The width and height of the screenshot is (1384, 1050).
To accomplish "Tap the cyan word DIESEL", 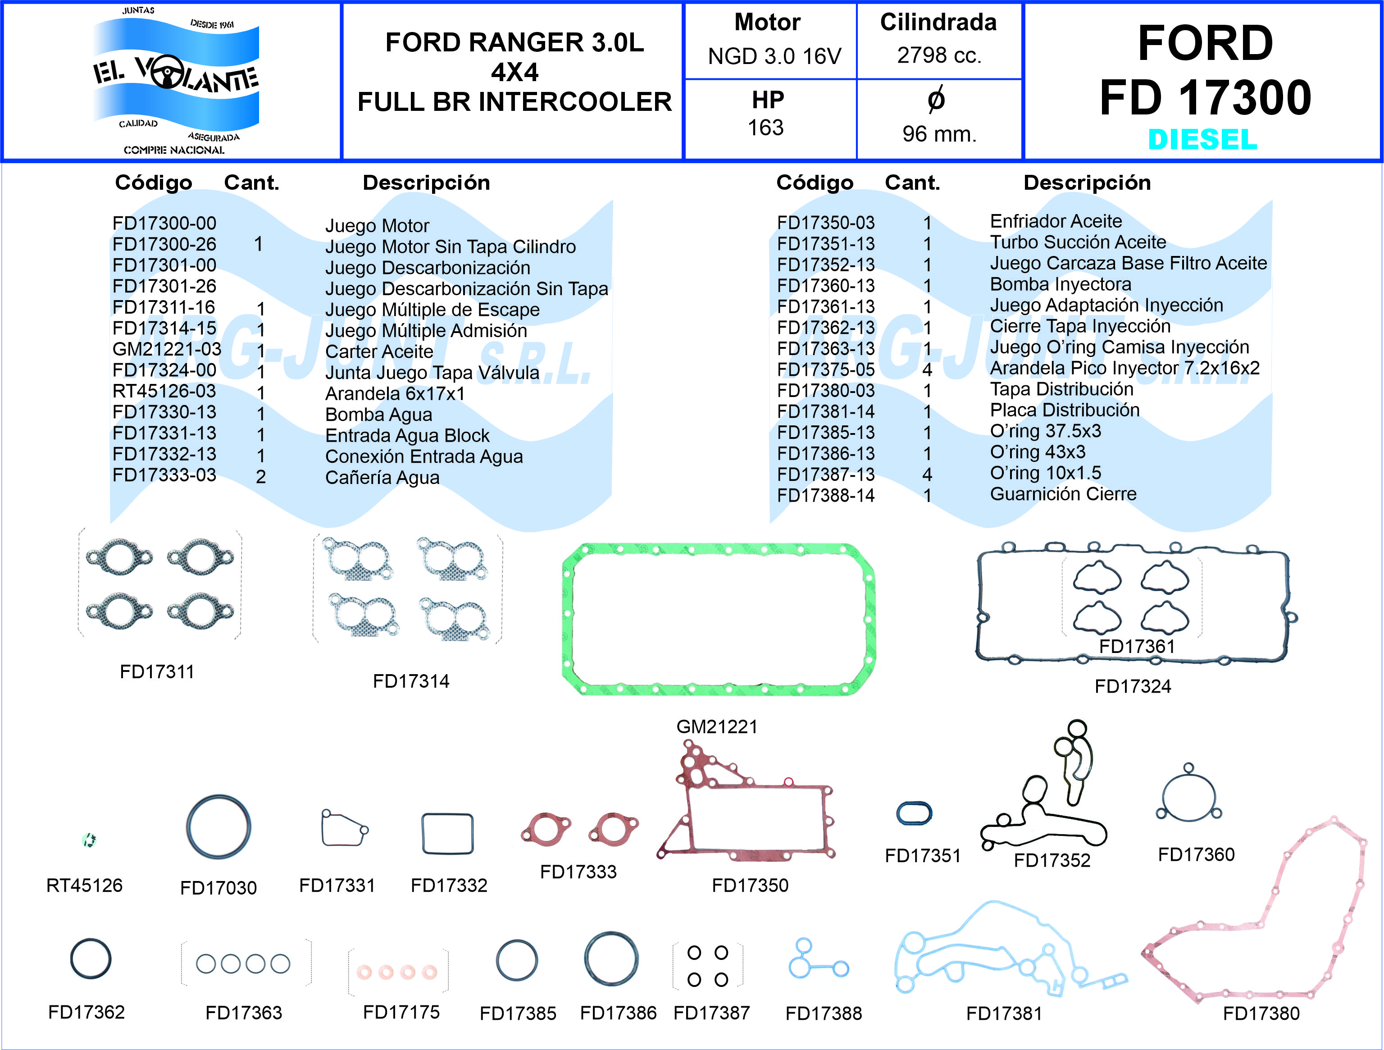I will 1202,139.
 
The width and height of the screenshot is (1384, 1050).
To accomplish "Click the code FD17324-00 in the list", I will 164,370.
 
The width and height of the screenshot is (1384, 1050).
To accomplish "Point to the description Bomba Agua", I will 378,414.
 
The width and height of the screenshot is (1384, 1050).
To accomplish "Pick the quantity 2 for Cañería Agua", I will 261,477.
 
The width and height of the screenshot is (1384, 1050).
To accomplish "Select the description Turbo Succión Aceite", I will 1077,242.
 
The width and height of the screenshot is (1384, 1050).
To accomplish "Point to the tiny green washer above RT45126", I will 89,840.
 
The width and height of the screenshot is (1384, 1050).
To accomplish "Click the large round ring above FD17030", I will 219,826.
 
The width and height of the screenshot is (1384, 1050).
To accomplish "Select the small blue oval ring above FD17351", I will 914,813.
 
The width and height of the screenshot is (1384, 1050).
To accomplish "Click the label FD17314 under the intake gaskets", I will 411,681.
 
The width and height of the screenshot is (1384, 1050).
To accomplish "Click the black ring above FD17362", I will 91,958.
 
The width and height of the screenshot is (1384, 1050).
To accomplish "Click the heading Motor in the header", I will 767,23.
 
